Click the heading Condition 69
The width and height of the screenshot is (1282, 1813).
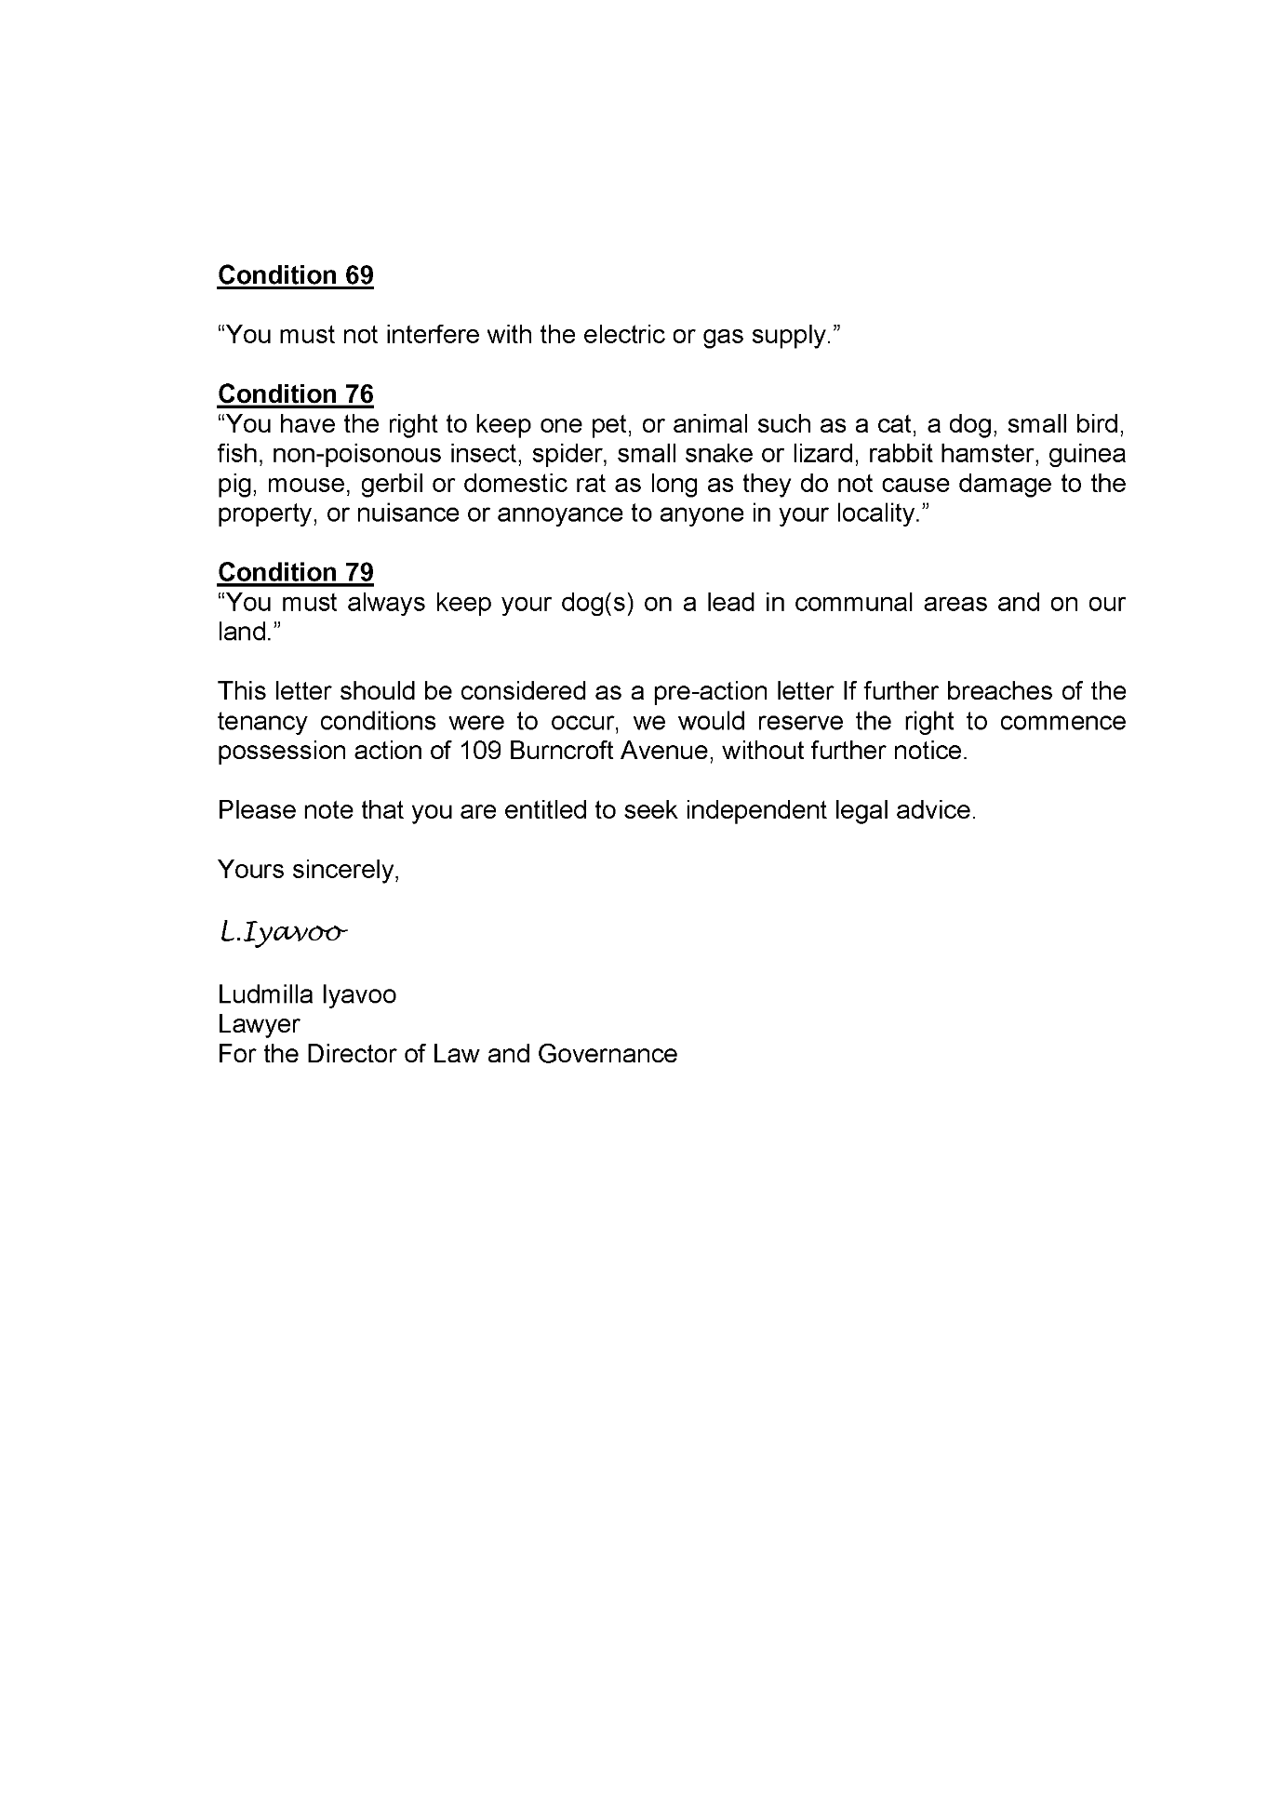coord(295,275)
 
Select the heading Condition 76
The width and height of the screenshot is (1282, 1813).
coord(295,394)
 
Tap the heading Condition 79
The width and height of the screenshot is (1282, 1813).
coord(295,572)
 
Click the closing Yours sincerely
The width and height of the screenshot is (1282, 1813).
coord(308,870)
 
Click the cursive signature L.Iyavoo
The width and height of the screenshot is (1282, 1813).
coord(283,932)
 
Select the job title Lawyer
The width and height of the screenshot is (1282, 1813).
coord(259,1024)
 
